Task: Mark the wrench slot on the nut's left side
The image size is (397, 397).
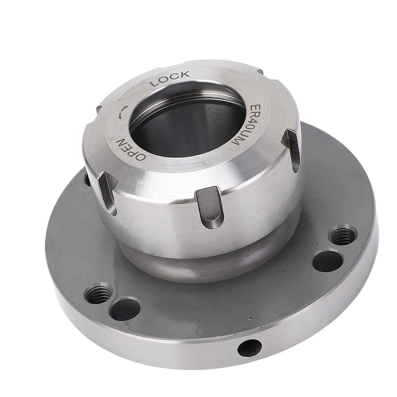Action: coord(108,192)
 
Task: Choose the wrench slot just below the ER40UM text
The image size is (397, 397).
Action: coord(292,149)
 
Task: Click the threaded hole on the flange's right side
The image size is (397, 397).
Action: coord(343,235)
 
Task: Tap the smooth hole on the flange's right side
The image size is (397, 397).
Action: coord(327,261)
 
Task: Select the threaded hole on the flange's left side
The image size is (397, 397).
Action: coord(98,293)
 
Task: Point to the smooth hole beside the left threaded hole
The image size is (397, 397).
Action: coord(125,309)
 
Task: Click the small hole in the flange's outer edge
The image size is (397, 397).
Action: coord(249,348)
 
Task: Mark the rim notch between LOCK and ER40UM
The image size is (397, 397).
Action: coord(259,72)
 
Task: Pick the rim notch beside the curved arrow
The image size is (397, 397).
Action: coord(99,109)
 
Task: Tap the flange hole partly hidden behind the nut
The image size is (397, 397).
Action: coord(87,179)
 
